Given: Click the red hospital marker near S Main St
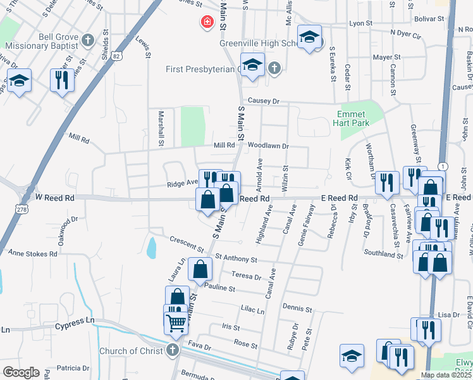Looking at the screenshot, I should pos(206,23).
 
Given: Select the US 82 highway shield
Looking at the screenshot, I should pos(114,56).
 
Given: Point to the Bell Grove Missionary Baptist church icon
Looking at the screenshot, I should pos(88,41).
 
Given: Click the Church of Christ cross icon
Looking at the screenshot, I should pos(171,351).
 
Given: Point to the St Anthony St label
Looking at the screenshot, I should pos(236,259).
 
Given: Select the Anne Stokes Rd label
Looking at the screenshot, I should pos(32,253).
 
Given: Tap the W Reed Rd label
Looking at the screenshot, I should pos(56,198).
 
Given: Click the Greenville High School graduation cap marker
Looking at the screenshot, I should pos(309,37).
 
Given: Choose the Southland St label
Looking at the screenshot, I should pos(383,255).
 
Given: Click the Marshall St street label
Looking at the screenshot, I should pos(161,129).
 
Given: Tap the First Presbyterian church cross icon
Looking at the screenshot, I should pos(274,68).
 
